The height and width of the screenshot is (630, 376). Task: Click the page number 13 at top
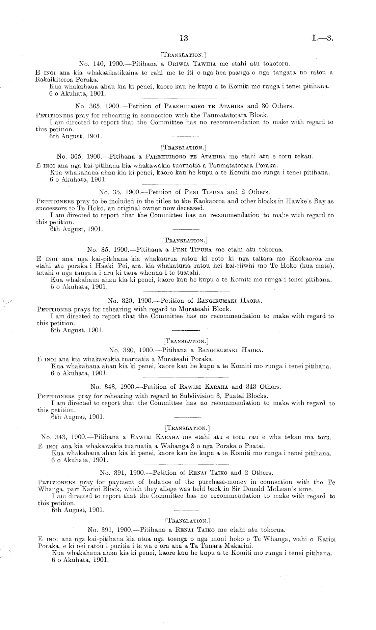[x=184, y=38]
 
